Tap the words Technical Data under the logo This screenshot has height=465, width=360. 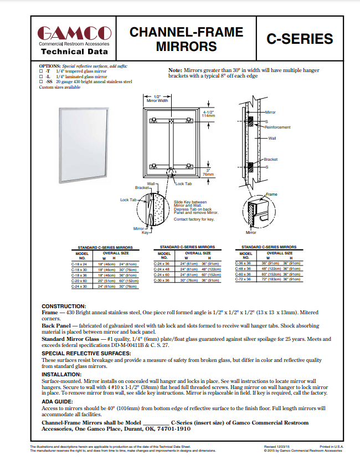coord(74,52)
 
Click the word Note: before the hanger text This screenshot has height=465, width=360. coord(175,70)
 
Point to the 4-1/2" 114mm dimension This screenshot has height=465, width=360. coord(209,114)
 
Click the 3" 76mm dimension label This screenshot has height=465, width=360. coord(208,172)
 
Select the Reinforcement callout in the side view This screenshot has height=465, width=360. coord(277,127)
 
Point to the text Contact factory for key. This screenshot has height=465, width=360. coord(194,219)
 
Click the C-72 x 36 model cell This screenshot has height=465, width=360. coord(243,279)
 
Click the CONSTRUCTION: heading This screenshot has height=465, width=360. coord(64,306)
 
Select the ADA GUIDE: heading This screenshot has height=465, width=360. coord(57,401)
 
